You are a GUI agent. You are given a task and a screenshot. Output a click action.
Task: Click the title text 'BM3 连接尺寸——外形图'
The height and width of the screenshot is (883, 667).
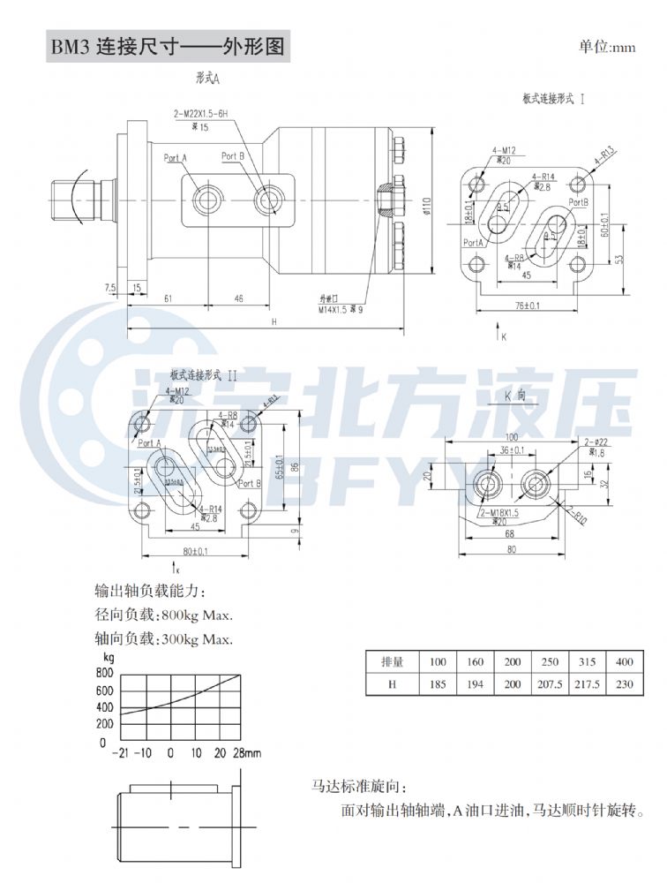(168, 47)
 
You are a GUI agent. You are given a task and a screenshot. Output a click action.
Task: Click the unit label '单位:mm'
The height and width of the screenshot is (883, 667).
(607, 47)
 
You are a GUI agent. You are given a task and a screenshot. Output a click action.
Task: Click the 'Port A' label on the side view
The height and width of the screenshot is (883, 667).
(176, 158)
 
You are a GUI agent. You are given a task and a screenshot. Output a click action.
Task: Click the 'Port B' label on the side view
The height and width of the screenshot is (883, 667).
(232, 155)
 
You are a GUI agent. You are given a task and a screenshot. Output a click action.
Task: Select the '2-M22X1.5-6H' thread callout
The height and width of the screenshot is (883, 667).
(200, 114)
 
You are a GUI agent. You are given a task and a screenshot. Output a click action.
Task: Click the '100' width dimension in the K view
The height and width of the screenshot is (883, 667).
(512, 437)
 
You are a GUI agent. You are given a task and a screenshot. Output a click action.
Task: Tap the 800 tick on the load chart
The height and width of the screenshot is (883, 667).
(106, 673)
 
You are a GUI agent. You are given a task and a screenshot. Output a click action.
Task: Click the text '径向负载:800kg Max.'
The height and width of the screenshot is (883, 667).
(163, 615)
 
